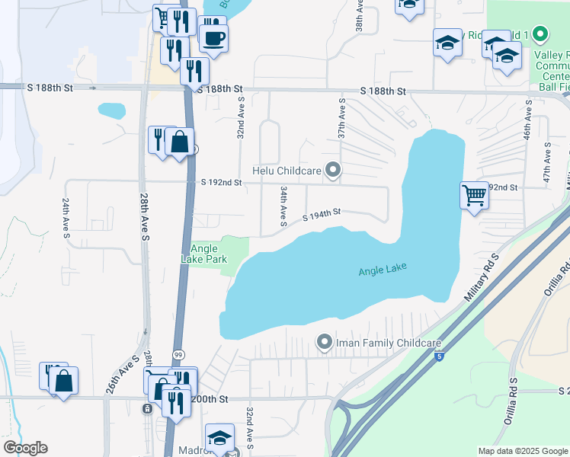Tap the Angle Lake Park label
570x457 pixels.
209,254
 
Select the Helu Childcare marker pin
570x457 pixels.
332,170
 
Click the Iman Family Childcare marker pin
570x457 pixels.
325,343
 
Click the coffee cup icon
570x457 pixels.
213,37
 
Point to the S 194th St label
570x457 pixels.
320,216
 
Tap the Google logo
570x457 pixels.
25,448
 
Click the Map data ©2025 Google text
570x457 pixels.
522,451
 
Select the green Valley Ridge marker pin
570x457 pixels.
540,34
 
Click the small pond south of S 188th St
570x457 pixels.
111,110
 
